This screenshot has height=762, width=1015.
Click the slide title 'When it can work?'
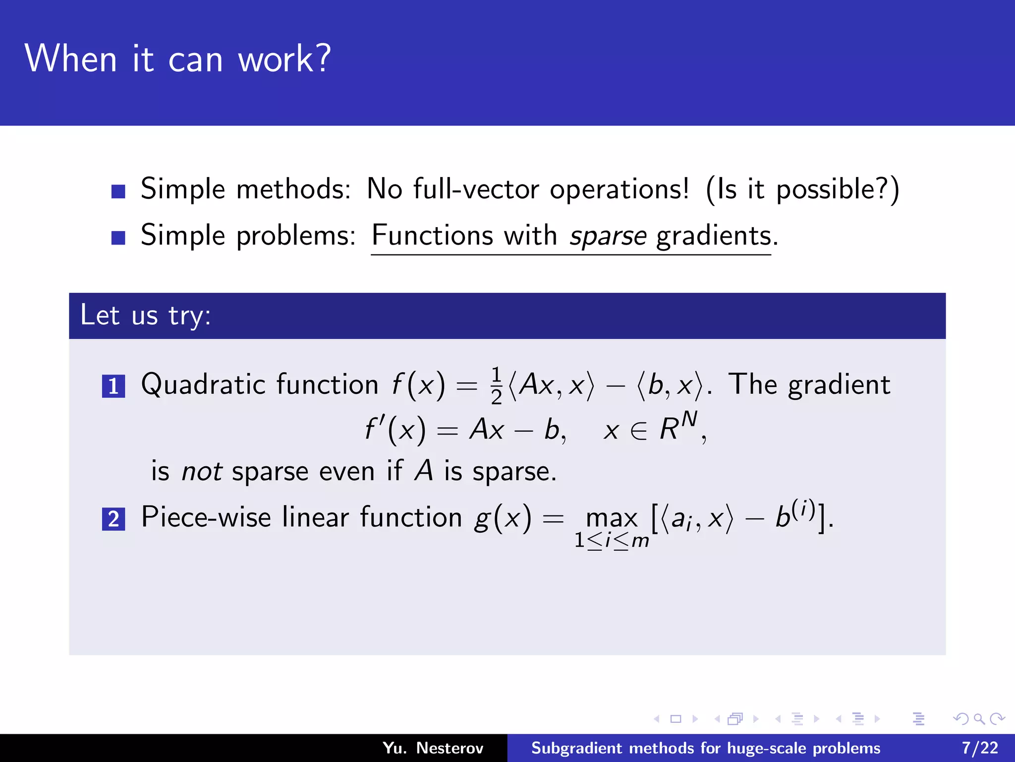[177, 59]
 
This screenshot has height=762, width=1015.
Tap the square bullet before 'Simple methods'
[118, 191]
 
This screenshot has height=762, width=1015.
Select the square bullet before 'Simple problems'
[118, 238]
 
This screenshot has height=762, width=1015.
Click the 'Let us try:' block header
[146, 316]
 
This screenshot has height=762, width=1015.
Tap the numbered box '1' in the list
[113, 386]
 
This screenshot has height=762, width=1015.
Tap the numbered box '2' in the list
[113, 519]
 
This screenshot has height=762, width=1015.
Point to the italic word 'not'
[201, 471]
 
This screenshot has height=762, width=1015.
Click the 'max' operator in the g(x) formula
[612, 519]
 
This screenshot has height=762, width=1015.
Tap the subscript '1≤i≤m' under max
[612, 541]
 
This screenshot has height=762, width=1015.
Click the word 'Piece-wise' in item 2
[206, 517]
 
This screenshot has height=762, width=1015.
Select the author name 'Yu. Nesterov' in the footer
[433, 748]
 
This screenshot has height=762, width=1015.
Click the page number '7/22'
[980, 748]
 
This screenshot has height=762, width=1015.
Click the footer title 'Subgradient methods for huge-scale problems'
[705, 748]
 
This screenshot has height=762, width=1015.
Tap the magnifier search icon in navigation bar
[979, 719]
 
